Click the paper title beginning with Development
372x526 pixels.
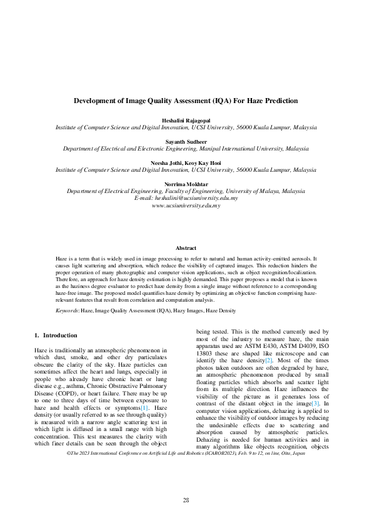click(x=186, y=100)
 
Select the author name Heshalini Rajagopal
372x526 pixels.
click(x=186, y=119)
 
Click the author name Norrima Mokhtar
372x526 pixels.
click(x=186, y=184)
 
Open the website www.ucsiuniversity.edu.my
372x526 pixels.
click(x=186, y=205)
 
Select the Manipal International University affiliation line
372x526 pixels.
click(x=186, y=149)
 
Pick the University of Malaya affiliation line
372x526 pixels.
click(x=186, y=191)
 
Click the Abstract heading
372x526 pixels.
click(x=186, y=248)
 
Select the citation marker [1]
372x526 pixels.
click(x=144, y=407)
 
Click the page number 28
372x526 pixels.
click(x=186, y=500)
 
